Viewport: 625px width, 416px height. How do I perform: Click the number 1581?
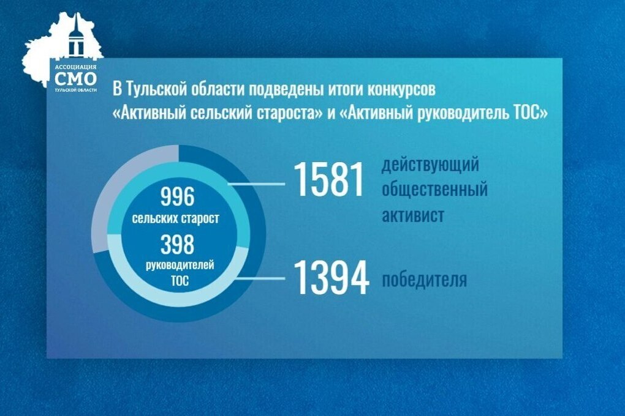tap(328, 179)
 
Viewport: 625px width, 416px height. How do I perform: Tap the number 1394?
tap(331, 278)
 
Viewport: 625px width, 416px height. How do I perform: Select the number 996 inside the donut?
tap(177, 196)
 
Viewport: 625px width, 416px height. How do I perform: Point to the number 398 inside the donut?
tap(177, 244)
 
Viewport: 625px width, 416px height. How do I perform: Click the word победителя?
tap(424, 280)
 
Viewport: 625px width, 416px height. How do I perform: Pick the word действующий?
tap(430, 165)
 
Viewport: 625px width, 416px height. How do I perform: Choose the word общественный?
tap(434, 188)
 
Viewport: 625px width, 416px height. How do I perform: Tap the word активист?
tap(413, 215)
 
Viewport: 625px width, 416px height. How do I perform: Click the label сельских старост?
tap(175, 218)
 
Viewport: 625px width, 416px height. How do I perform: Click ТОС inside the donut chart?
tap(180, 281)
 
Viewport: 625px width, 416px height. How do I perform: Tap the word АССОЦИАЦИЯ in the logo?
tap(75, 67)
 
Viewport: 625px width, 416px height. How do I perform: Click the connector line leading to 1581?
tap(256, 184)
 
